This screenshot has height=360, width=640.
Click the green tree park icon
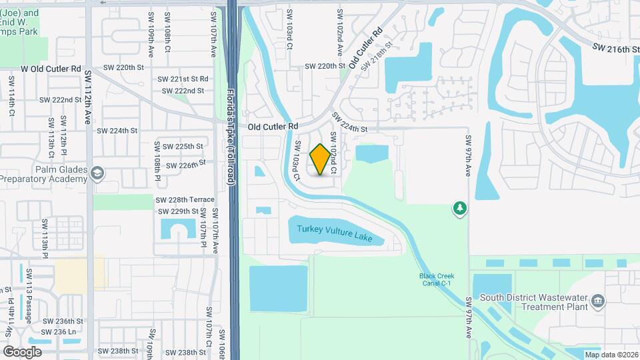click(x=459, y=209)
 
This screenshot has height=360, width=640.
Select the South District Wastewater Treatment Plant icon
click(x=598, y=301)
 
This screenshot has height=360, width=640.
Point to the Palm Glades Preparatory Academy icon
click(x=98, y=173)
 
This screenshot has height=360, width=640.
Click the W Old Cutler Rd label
click(x=51, y=69)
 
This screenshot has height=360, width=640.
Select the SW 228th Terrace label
click(x=185, y=199)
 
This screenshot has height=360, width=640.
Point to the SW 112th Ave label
click(x=87, y=106)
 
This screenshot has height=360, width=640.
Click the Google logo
click(x=22, y=351)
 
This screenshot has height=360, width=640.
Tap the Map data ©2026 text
click(x=611, y=355)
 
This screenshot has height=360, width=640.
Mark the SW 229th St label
click(x=177, y=211)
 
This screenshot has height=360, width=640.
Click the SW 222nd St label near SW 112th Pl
click(x=60, y=99)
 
